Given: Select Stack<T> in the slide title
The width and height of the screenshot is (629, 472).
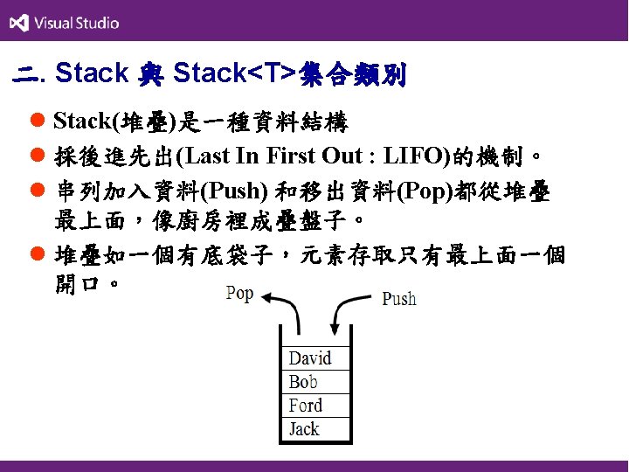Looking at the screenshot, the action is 233,74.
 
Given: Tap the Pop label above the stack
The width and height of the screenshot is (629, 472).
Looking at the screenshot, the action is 238,293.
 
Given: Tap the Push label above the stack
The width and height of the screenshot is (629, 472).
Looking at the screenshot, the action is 399,299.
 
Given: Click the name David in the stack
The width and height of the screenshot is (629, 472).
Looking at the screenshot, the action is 310,358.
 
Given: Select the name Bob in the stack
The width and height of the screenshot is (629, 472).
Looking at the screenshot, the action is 303,382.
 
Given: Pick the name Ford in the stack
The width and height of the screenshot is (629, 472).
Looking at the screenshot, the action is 306,406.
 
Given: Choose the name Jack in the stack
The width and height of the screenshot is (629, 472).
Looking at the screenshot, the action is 305,429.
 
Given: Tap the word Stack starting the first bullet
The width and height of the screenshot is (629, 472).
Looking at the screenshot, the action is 78,121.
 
